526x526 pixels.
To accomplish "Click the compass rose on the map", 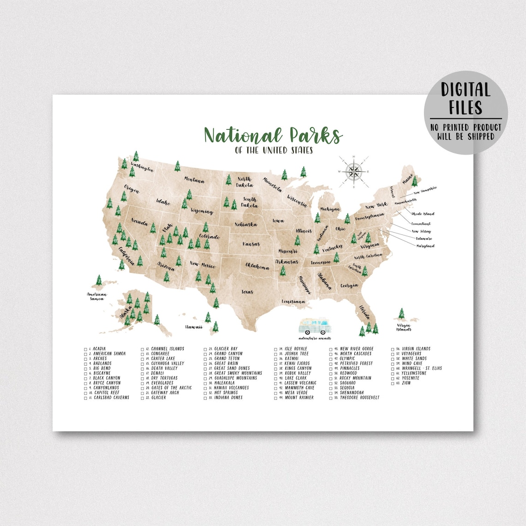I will pyautogui.click(x=354, y=172).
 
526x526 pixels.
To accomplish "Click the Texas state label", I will pyautogui.click(x=247, y=292).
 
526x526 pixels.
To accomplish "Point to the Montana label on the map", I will pyautogui.click(x=194, y=180).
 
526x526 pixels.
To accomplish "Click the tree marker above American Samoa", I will pyautogui.click(x=98, y=281).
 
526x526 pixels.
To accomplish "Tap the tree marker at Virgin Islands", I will pyautogui.click(x=401, y=314).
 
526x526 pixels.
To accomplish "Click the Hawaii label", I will pyautogui.click(x=194, y=327).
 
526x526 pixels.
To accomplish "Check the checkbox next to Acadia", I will pyautogui.click(x=85, y=349).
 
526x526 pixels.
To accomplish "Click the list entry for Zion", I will pyautogui.click(x=406, y=383).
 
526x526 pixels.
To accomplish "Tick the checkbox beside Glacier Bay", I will pyautogui.click(x=206, y=349).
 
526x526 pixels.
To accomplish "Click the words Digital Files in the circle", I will pyautogui.click(x=465, y=98).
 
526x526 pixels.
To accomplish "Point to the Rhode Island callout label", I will pyautogui.click(x=423, y=214).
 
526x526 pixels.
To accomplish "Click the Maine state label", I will pyautogui.click(x=407, y=182).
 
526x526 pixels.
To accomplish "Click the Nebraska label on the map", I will pyautogui.click(x=245, y=225).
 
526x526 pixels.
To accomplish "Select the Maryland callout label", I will pyautogui.click(x=424, y=246).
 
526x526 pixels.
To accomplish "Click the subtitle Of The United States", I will pyautogui.click(x=274, y=150).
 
